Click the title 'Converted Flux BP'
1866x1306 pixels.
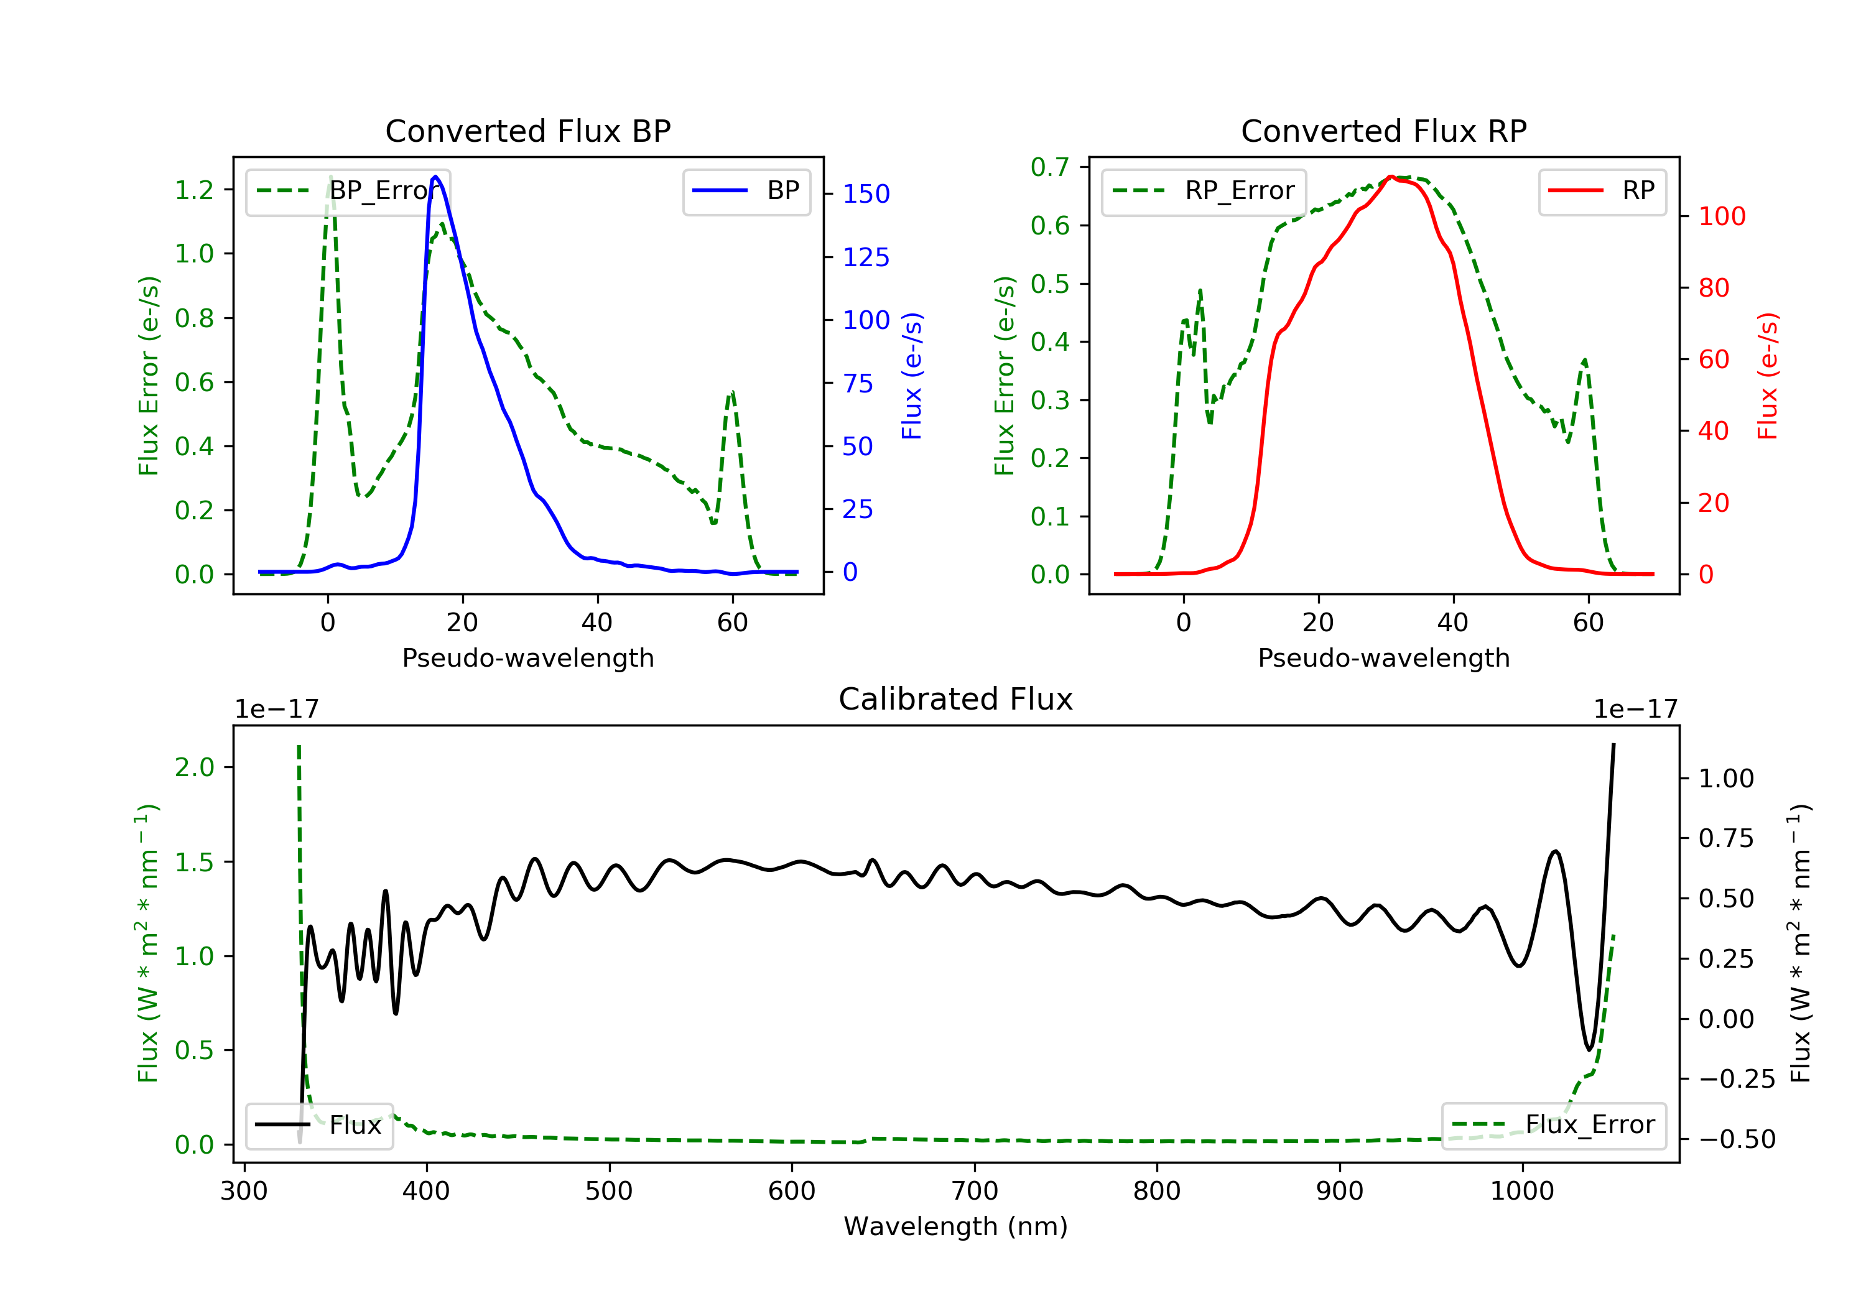click(x=527, y=131)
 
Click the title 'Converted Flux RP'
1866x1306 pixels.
click(x=1383, y=131)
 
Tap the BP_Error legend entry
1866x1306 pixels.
click(x=348, y=191)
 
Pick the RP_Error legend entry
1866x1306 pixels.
click(x=1204, y=191)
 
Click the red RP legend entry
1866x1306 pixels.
click(x=1602, y=191)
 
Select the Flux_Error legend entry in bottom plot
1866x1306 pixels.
click(x=1553, y=1125)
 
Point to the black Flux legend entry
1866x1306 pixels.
click(x=320, y=1125)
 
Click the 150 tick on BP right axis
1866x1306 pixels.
click(x=866, y=194)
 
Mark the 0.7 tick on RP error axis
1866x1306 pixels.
click(x=1049, y=167)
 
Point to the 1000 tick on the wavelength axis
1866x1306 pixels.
click(x=1521, y=1192)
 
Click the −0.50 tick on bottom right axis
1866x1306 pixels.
click(x=1736, y=1139)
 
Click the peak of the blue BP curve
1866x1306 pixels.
click(x=435, y=177)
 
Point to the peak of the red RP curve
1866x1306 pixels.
click(x=1391, y=177)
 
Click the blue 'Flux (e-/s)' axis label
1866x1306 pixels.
click(x=912, y=376)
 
